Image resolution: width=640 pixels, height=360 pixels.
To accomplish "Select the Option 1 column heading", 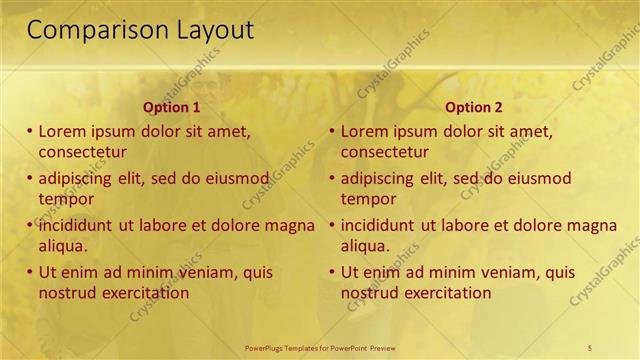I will click(x=172, y=107).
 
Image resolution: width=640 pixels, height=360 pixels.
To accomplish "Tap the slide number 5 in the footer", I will click(x=590, y=347).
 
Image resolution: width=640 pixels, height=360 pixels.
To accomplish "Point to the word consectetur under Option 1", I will click(x=82, y=152).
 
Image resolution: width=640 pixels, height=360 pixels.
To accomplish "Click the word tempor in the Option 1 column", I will click(x=66, y=199).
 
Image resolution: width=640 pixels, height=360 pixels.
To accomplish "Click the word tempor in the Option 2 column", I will click(x=368, y=199).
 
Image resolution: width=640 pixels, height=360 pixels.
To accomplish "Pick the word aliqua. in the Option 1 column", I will click(x=63, y=246).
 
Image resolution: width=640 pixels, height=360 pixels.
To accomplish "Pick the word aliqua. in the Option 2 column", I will click(x=366, y=246).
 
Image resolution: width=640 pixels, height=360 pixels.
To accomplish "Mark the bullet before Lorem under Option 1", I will click(x=30, y=131).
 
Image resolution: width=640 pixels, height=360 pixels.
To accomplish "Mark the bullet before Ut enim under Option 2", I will click(x=333, y=272).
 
